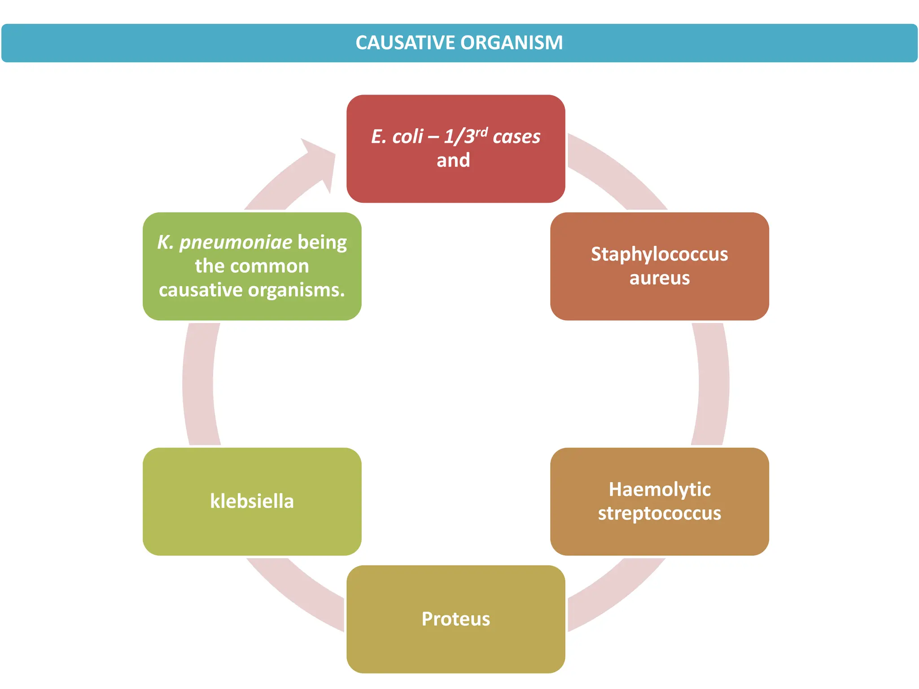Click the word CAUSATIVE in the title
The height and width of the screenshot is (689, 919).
[x=406, y=43]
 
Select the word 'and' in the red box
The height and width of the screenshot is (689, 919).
[x=453, y=161]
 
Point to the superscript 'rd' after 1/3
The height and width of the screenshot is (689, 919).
[x=481, y=132]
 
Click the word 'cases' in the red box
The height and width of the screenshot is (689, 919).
[x=516, y=137]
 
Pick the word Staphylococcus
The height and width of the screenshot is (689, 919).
[x=659, y=254]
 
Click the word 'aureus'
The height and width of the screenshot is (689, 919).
[x=659, y=278]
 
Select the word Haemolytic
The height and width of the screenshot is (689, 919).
[x=659, y=489]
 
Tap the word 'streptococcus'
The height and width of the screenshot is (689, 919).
[x=659, y=513]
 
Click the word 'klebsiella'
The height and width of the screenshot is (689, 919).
[x=252, y=501]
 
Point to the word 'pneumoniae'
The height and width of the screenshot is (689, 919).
[x=236, y=242]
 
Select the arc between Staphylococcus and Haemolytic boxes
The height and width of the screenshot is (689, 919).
[x=713, y=384]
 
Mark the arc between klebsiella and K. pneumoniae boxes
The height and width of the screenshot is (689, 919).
[x=198, y=384]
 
